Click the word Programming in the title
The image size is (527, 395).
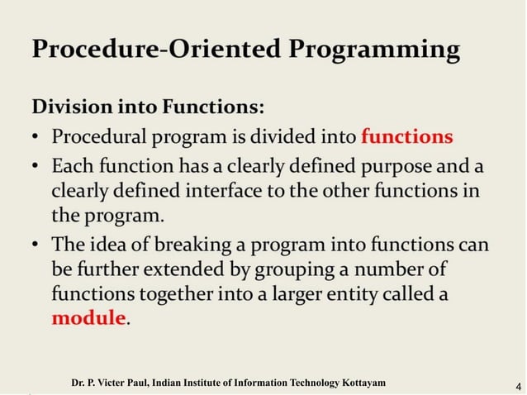coord(377,50)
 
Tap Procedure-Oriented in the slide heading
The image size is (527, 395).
coord(159,49)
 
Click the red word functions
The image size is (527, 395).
coord(407,135)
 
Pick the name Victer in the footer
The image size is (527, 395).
coord(114,383)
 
